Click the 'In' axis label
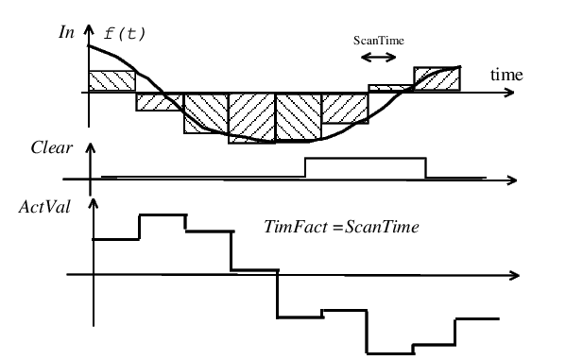pos(66,32)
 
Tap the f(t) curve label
pos(125,34)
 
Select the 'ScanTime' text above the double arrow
pos(379,41)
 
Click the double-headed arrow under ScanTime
pos(379,58)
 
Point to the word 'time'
pos(506,75)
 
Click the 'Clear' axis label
pos(51,147)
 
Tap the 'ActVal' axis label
pos(44,207)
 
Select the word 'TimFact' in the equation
pos(296,227)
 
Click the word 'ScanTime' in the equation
pos(382,227)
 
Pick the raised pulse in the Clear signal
pos(366,159)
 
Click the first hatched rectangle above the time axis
pos(111,80)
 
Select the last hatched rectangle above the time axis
pos(437,78)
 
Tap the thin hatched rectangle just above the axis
pos(391,88)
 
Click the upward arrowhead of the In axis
pos(89,29)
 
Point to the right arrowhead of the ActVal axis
pos(515,275)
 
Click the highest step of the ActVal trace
pos(163,214)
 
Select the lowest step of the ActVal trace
pos(389,353)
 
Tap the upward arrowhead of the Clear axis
pos(91,148)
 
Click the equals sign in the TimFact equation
pos(337,227)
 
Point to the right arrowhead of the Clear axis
pos(512,180)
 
